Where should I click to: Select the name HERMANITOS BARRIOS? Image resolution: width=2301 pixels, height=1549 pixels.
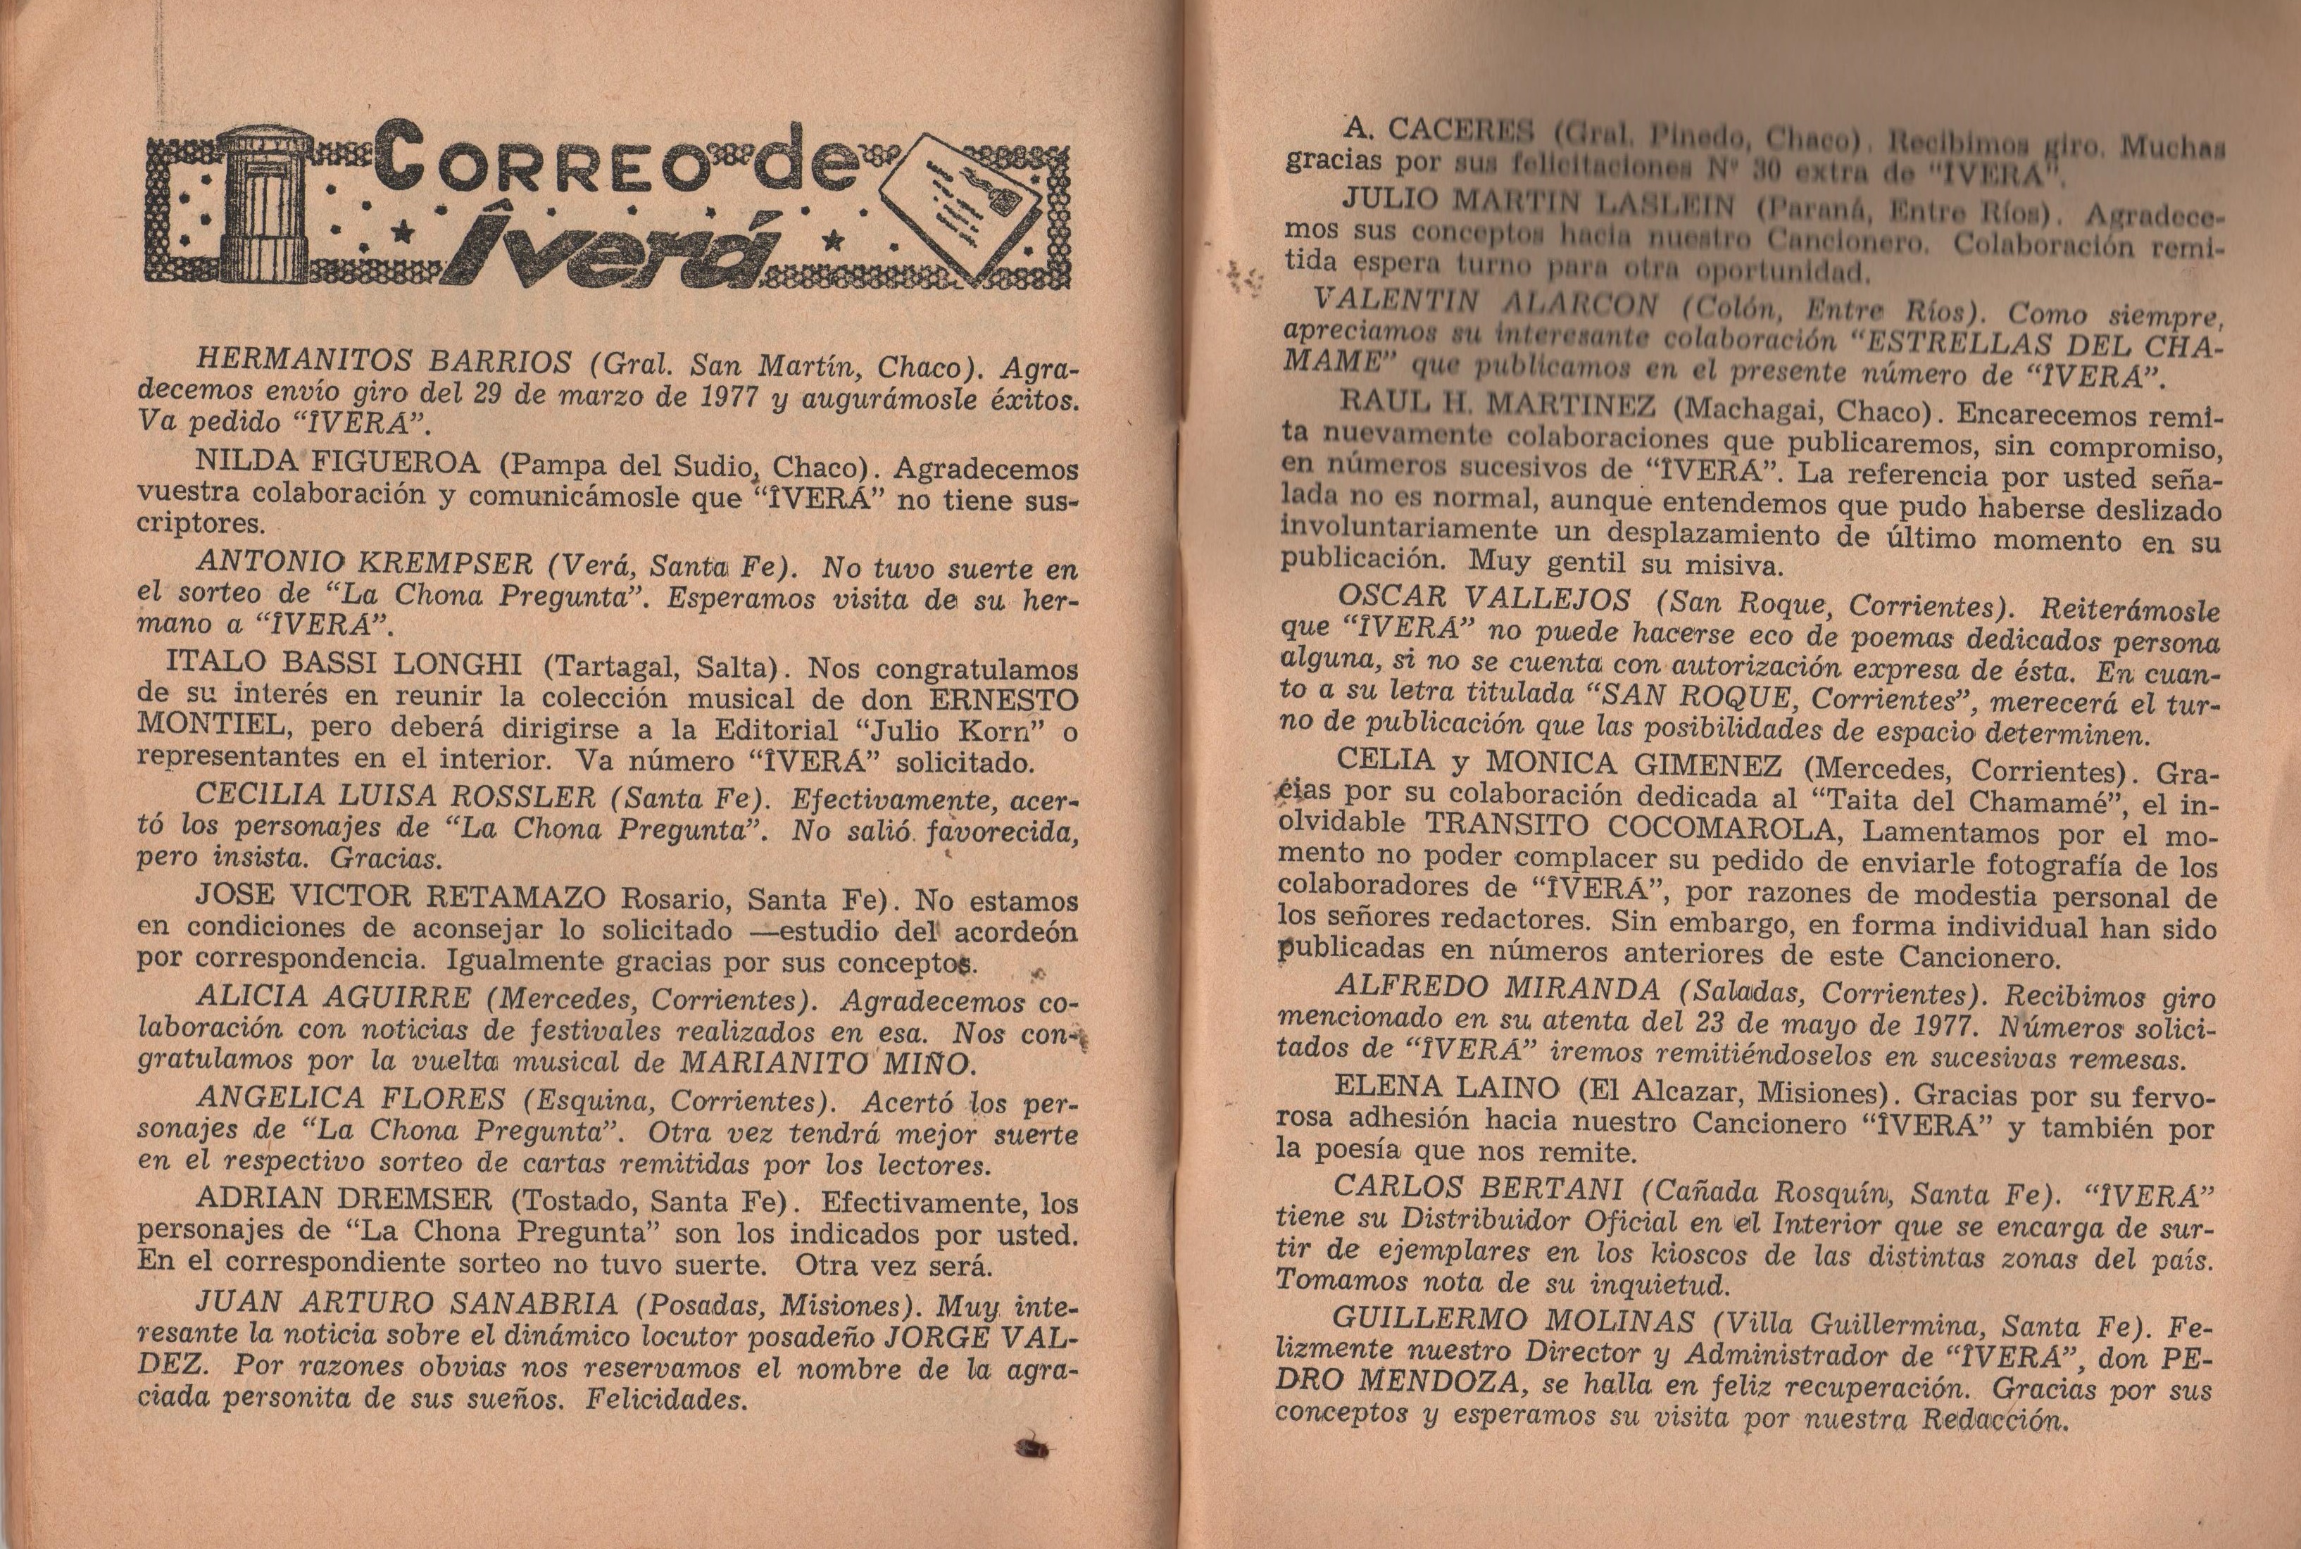[x=383, y=363]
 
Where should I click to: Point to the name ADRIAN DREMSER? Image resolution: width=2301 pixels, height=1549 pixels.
[x=344, y=1198]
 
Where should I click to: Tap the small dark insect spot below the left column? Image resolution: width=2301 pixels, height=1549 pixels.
[x=1032, y=1448]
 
